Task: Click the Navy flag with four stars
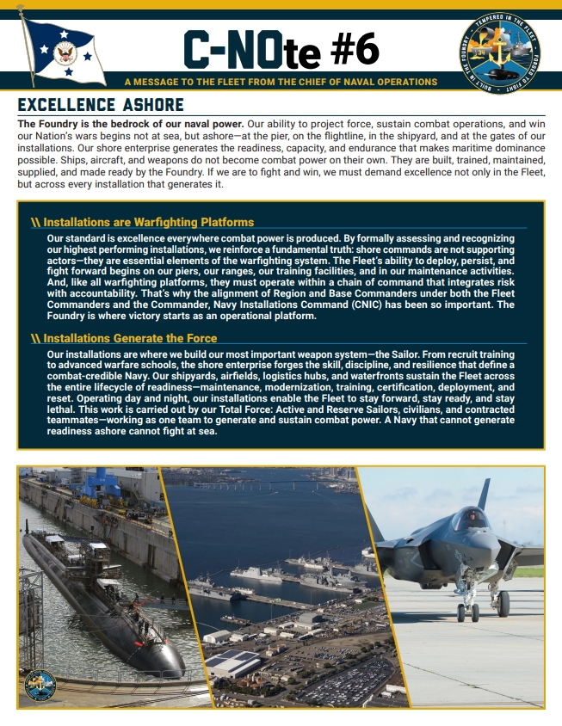tap(64, 52)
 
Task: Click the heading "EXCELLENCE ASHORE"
tap(101, 105)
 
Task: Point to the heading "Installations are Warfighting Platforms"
tap(148, 223)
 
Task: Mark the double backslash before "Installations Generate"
tap(35, 338)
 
